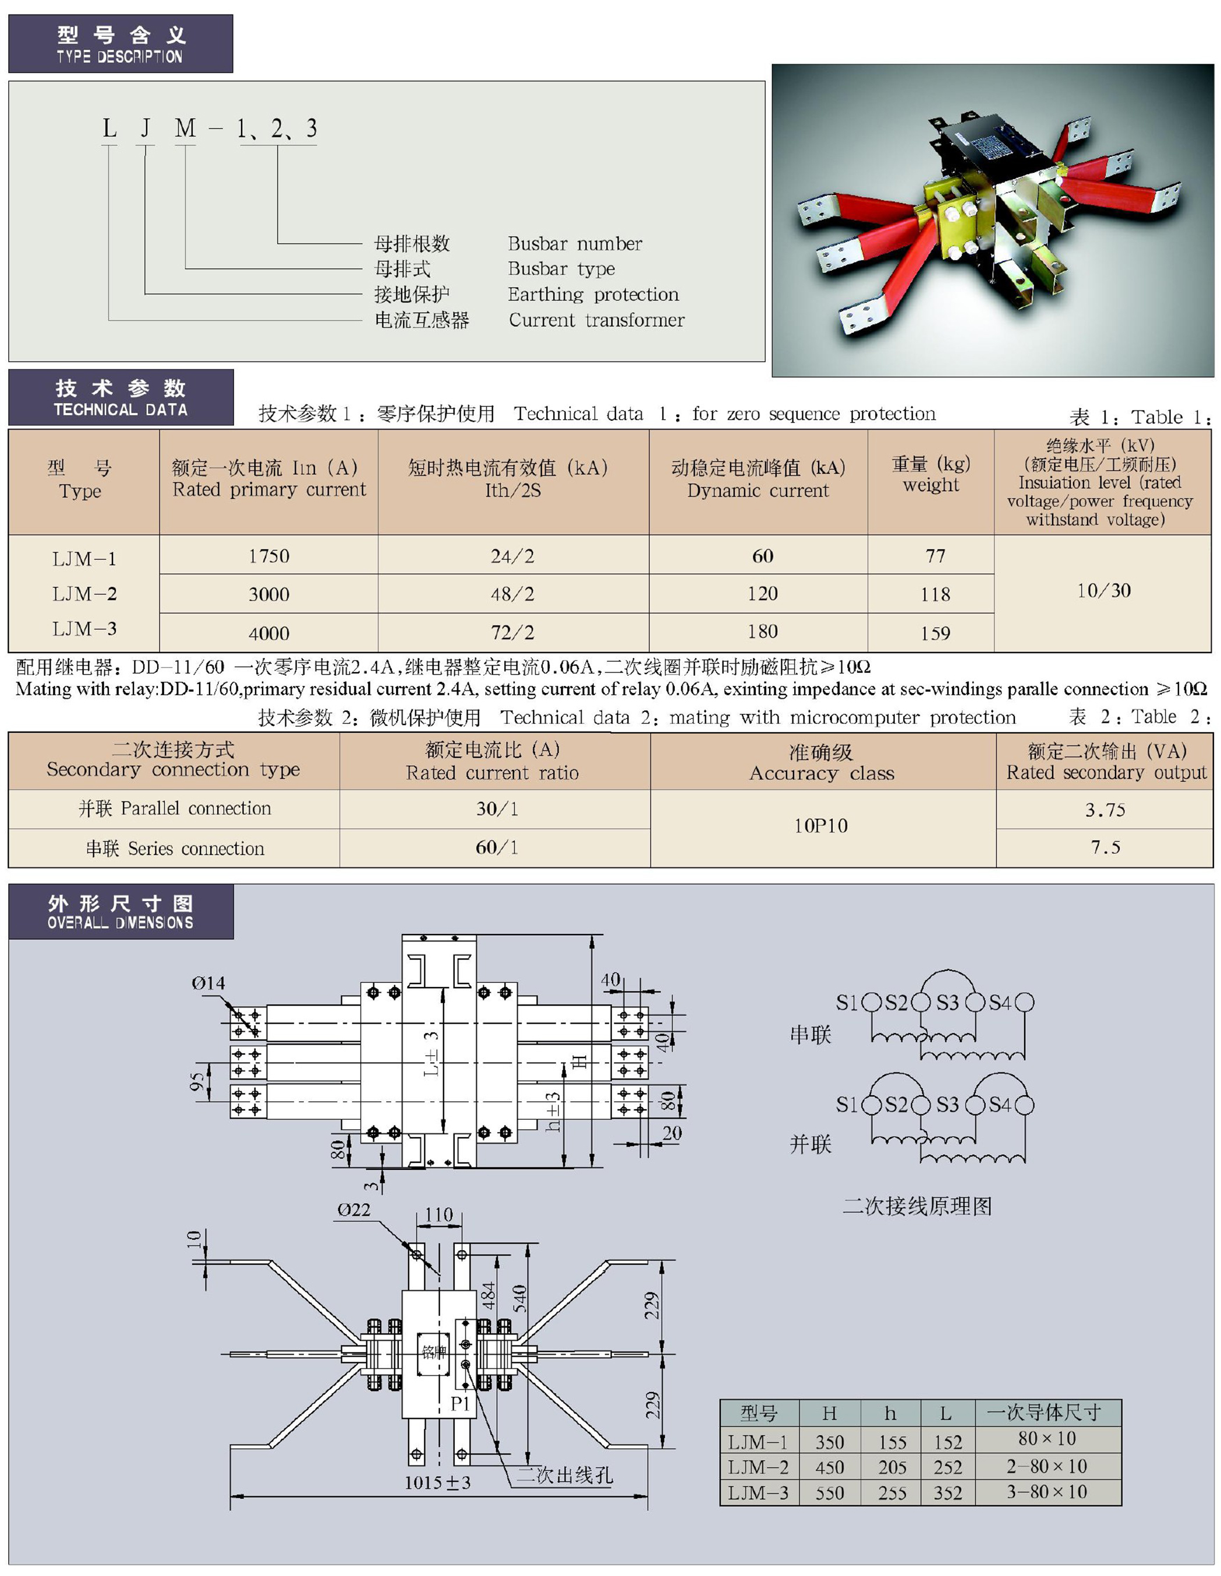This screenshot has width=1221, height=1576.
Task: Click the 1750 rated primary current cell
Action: (x=268, y=556)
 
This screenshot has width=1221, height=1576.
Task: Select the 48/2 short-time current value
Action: (x=512, y=594)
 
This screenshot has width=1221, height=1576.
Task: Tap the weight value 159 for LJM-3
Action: (x=935, y=633)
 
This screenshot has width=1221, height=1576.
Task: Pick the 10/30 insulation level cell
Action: (x=1103, y=590)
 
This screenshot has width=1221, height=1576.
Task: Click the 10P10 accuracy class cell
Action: (x=821, y=825)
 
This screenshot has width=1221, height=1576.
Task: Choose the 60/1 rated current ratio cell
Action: (x=496, y=847)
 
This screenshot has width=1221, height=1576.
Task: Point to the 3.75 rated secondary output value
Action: (x=1105, y=810)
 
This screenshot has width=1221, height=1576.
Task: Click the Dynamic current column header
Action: (x=758, y=479)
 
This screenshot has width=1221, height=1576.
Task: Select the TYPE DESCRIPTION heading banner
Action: (x=121, y=44)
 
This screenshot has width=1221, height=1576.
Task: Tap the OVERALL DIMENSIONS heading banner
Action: (x=121, y=912)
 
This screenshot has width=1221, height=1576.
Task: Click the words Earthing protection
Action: (x=593, y=294)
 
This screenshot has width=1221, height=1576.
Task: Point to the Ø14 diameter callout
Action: (x=208, y=983)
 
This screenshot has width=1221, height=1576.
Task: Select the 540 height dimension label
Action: (x=520, y=1299)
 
